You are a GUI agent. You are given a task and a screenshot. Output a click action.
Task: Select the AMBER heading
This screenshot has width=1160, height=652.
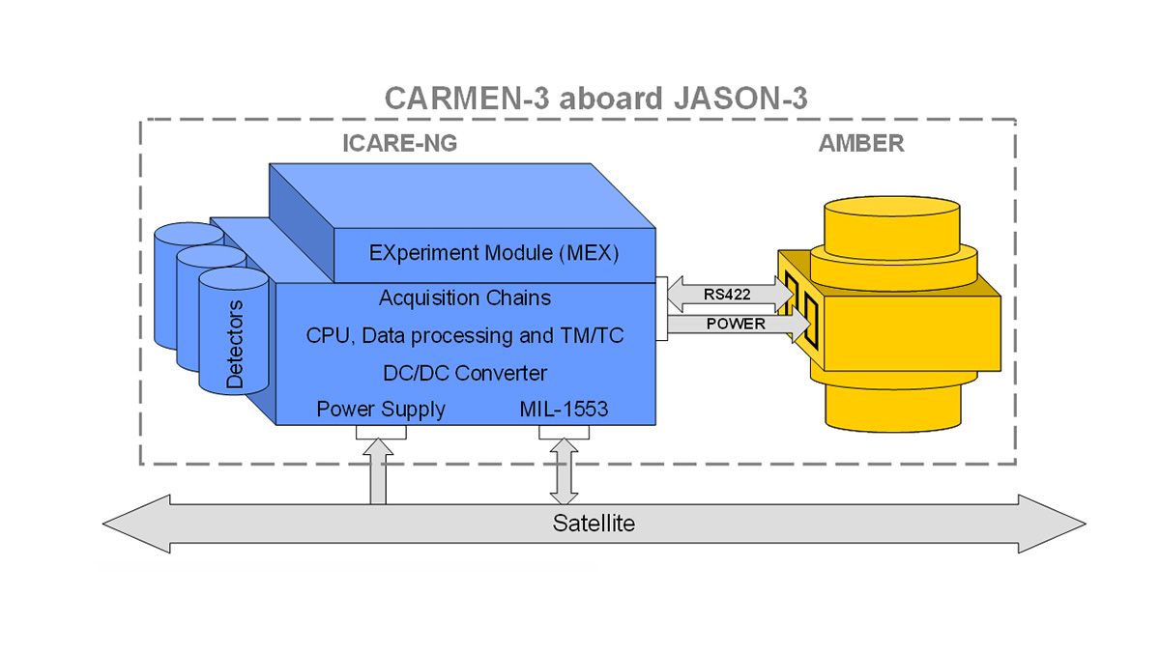[860, 144]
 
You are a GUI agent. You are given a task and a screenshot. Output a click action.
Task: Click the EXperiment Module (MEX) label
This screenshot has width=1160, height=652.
[494, 254]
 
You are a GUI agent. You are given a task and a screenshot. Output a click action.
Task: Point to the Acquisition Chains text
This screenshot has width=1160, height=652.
[464, 298]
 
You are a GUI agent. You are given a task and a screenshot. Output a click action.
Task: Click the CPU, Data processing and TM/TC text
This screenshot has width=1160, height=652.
[464, 335]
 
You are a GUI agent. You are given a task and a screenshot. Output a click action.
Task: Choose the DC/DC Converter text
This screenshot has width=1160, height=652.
[464, 373]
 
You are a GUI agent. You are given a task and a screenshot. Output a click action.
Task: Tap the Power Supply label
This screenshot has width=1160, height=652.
[381, 409]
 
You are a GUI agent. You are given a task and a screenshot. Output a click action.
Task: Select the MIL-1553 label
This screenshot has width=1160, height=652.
[564, 409]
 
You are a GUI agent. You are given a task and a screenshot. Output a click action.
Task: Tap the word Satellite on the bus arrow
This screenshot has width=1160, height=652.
[594, 524]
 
